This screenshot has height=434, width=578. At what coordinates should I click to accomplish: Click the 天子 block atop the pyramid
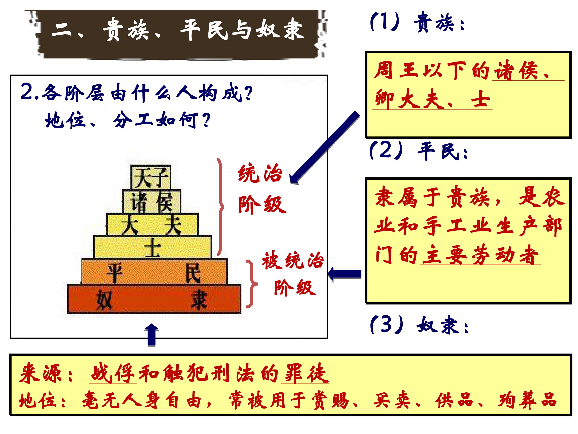pos(151,177)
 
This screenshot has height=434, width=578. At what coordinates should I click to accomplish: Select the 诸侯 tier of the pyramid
pos(152,201)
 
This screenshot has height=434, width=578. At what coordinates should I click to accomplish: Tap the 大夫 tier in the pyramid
pos(152,224)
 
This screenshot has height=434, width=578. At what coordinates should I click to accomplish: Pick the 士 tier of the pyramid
pos(153,247)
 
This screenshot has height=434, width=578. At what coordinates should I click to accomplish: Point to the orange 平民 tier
pos(154,271)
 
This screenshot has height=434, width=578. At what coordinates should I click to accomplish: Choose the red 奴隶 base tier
pos(154,299)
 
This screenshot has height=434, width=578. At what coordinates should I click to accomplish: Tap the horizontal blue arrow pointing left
pos(344,274)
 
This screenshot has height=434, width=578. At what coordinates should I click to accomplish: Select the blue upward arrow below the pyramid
pos(151,335)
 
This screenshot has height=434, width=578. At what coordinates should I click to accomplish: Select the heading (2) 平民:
pos(418,151)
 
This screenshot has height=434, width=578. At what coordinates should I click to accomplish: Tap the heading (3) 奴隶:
pos(419,325)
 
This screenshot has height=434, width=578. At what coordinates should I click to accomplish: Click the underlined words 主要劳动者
pos(480,255)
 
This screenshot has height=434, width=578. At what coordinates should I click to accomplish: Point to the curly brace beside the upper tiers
pos(220,207)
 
